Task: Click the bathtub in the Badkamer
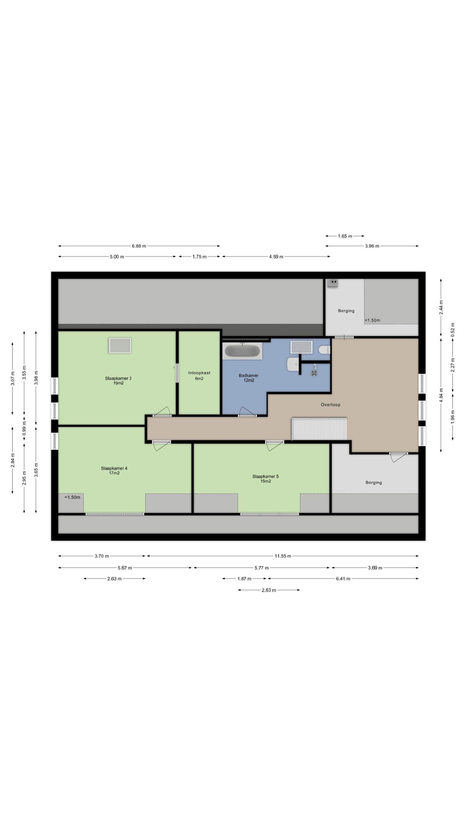243,351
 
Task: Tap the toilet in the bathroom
324,349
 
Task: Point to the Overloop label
330,405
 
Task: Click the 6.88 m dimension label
139,246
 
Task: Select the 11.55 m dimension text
283,556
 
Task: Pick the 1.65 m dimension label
345,236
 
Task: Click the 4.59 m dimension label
276,257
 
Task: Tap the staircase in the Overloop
319,428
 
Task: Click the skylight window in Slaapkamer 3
120,345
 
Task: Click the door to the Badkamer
248,411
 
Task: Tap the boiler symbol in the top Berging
333,283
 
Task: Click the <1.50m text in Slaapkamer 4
72,497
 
